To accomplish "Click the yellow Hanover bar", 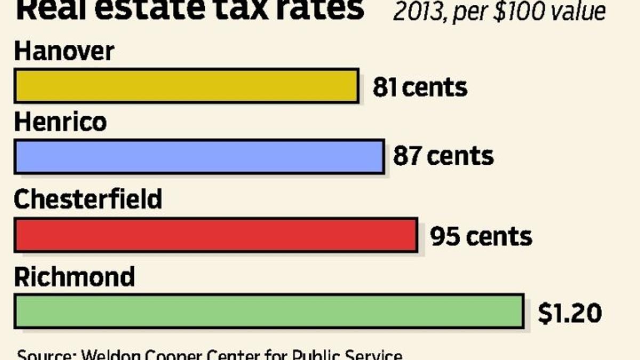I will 186,85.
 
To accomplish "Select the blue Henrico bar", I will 199,157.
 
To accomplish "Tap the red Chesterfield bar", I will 215,235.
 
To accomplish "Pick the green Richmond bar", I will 269,311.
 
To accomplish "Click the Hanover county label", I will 64,52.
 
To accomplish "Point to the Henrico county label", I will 60,123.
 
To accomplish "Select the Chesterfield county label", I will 88,199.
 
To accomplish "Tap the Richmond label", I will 74,277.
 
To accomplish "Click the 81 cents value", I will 420,87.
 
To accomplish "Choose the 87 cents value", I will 443,156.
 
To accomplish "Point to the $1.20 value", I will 570,313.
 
